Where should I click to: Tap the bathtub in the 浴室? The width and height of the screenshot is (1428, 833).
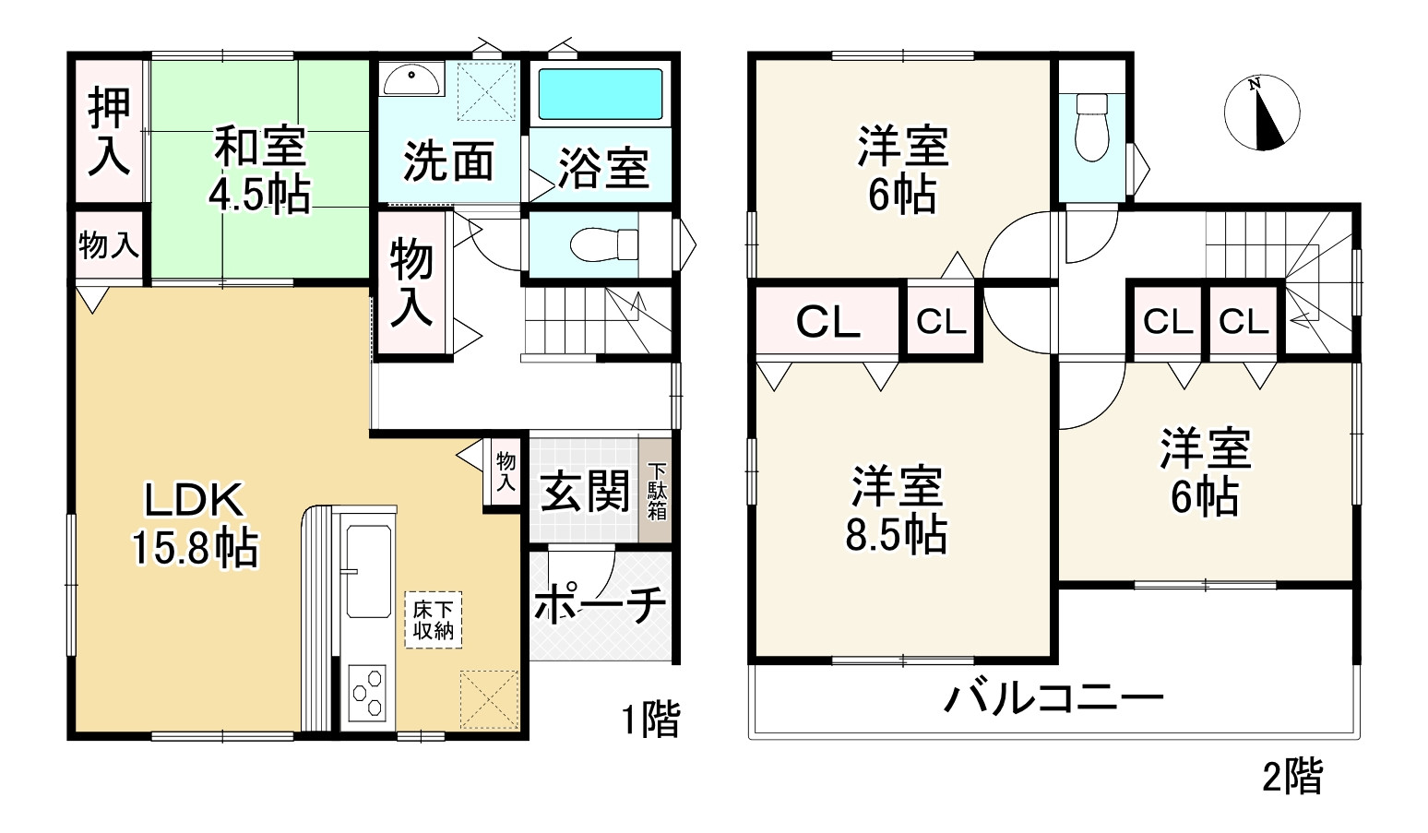point(600,93)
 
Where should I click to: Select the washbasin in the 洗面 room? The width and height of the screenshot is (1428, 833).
point(411,80)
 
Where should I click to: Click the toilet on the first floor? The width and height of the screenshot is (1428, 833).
point(604,244)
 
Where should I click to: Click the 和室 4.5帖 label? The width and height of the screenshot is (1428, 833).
point(259,170)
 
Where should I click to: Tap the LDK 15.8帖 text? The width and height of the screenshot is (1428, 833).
point(195,524)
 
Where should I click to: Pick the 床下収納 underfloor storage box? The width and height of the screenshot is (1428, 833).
point(433,620)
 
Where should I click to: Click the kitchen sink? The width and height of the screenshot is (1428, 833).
point(367,572)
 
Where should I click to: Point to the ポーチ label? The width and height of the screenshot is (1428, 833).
point(601,604)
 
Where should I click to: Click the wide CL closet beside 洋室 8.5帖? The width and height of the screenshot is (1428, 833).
point(827,322)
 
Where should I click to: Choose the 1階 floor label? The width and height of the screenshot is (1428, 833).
point(650,720)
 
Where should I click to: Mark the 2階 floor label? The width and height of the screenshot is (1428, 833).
point(1291,776)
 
